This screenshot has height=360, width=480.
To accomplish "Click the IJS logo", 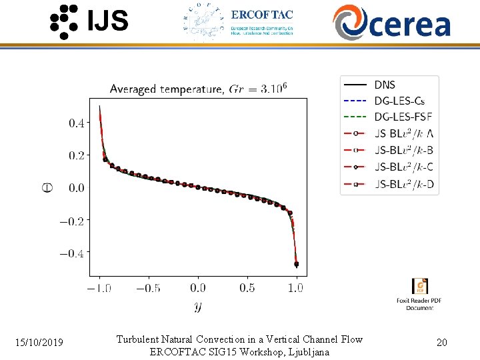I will [89, 21].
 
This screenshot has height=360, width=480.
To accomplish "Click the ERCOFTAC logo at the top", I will [238, 22].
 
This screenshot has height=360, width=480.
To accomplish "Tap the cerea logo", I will [391, 22].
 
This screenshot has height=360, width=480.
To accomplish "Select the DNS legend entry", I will [384, 85].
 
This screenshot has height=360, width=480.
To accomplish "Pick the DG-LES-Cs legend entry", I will [399, 101].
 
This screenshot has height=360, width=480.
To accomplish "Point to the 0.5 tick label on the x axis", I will [247, 288].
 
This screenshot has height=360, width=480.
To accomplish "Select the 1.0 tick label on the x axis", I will [295, 288].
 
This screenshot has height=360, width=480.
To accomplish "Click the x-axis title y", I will [198, 306].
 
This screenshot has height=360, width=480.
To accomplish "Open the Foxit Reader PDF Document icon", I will [420, 287].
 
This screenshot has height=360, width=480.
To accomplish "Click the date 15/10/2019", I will [39, 343].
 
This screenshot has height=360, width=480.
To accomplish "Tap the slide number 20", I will [441, 343].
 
